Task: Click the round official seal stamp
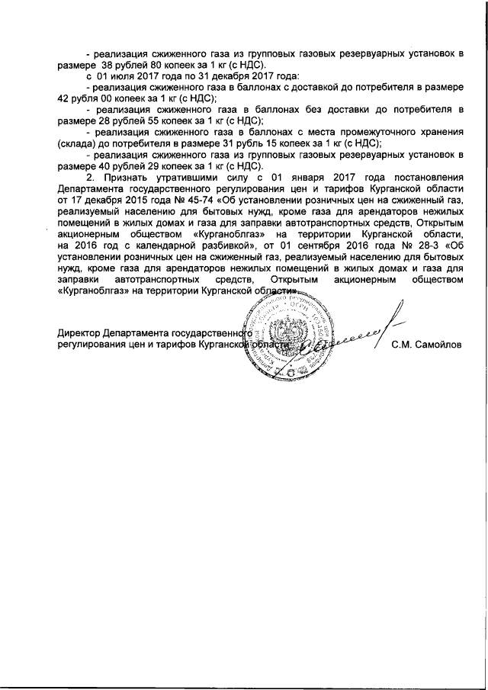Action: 287,335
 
